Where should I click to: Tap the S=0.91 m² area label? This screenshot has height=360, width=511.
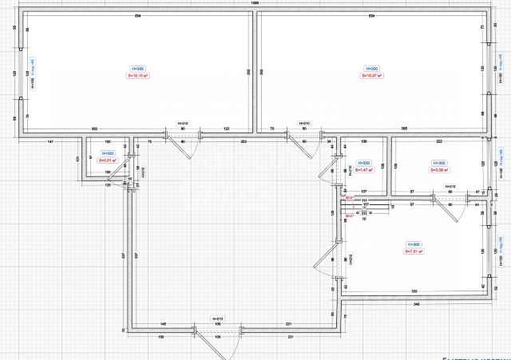108,160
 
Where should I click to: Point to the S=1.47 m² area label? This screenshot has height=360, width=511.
363,170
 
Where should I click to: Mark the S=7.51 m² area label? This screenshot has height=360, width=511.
413,251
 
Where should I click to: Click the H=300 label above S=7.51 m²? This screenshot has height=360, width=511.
413,244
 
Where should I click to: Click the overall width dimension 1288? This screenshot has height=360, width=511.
255,4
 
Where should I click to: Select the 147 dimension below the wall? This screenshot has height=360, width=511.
50,141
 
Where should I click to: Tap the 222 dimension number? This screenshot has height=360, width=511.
439,141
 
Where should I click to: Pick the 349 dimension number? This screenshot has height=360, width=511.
417,304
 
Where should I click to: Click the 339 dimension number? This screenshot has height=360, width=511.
414,291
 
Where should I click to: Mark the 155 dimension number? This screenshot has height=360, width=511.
162,337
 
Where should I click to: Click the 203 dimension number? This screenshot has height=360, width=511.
243,141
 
